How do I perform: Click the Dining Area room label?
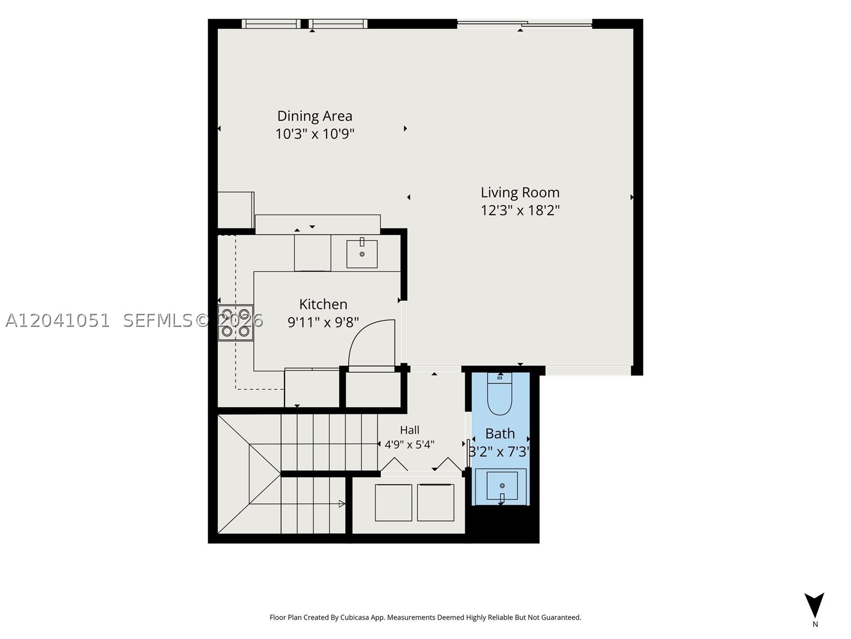(x=314, y=116)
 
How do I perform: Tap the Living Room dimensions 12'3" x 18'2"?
(x=520, y=210)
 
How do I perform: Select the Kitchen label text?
(x=323, y=304)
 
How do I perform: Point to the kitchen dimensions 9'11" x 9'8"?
(x=323, y=322)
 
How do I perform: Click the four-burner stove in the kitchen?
(x=235, y=323)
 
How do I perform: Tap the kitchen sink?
(x=362, y=254)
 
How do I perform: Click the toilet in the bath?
(x=500, y=394)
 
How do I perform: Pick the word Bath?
(x=500, y=433)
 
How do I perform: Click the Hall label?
(x=410, y=430)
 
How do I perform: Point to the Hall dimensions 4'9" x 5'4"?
(x=410, y=444)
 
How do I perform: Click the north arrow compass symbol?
(x=814, y=604)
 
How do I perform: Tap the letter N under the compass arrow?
(x=815, y=624)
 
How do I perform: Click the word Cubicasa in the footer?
(x=355, y=617)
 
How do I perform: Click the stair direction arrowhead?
(x=341, y=504)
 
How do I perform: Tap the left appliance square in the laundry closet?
(x=393, y=503)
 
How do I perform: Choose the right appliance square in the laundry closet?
(x=436, y=503)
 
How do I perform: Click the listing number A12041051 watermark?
(x=57, y=321)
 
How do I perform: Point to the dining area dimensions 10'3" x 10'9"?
(x=314, y=134)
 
